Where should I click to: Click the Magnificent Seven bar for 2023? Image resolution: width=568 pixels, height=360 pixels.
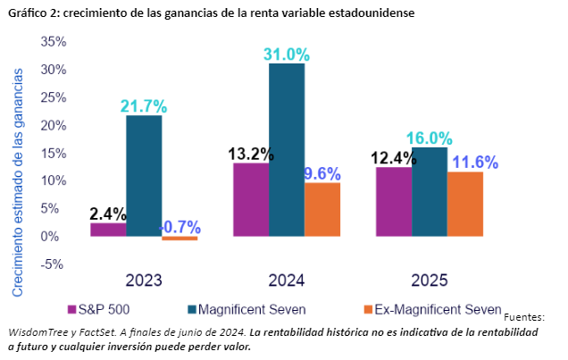click(x=144, y=176)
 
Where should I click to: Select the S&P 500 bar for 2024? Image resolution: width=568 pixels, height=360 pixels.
click(x=250, y=200)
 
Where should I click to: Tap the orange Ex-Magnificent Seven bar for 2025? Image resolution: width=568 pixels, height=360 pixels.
click(x=464, y=204)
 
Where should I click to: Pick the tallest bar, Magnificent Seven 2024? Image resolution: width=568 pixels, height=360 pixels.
click(x=286, y=150)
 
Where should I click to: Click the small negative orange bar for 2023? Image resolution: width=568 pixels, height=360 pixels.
click(x=180, y=239)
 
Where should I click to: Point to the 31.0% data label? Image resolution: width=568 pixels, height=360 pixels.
click(x=287, y=54)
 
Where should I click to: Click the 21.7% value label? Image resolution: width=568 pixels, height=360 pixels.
click(x=144, y=106)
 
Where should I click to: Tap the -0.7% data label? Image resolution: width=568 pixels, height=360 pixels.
click(x=180, y=226)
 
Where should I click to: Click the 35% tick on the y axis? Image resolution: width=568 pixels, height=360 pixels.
click(x=54, y=42)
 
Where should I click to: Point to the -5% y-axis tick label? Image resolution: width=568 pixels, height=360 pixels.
click(x=54, y=264)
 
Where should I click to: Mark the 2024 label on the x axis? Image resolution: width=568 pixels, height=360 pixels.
click(x=286, y=280)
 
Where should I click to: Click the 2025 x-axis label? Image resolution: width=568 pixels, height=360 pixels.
click(x=429, y=280)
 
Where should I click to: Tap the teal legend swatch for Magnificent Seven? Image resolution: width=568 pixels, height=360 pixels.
click(x=194, y=309)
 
